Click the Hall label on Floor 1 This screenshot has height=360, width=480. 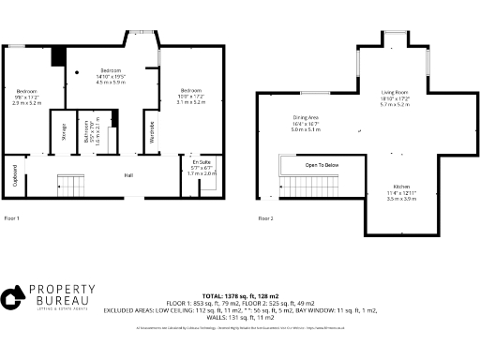129,174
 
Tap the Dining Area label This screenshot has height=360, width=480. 306,118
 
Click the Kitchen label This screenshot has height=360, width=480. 402,187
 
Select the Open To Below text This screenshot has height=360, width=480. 322,164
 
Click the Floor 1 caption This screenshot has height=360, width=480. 11,217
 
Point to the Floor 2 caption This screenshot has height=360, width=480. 265,217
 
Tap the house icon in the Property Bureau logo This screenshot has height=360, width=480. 12,299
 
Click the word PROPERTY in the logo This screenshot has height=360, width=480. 62,292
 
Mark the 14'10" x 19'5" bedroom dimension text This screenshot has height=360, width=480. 112,77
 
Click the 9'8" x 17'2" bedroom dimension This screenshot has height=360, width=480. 25,97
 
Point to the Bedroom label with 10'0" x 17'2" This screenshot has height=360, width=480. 189,90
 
